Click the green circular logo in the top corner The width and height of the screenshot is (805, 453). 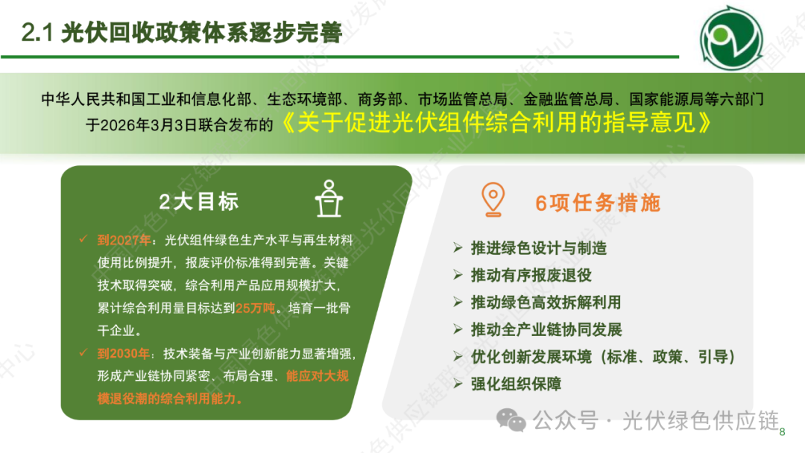coord(731,37)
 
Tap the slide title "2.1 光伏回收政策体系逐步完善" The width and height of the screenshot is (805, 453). coord(182,32)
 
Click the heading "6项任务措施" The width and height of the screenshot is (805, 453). coord(598,202)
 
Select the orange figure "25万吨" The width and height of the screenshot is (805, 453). coord(256,308)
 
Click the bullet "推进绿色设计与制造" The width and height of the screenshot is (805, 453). coord(539,248)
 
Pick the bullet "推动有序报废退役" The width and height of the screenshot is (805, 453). coord(531,275)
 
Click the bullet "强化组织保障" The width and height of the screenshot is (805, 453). coord(517,384)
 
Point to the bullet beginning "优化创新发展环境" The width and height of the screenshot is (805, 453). coord(602,357)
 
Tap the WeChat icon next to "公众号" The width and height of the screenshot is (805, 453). coord(512,421)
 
